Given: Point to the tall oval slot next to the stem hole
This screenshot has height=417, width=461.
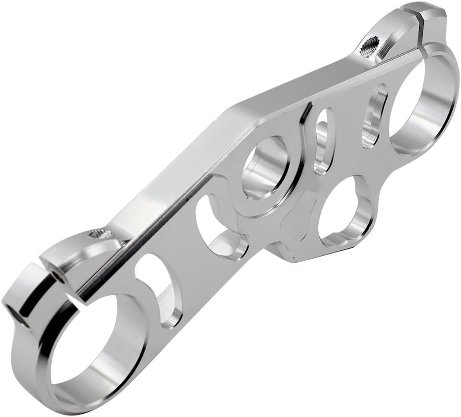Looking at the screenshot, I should [x=322, y=141].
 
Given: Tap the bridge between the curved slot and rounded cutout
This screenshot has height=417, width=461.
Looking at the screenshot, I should [x=191, y=256].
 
